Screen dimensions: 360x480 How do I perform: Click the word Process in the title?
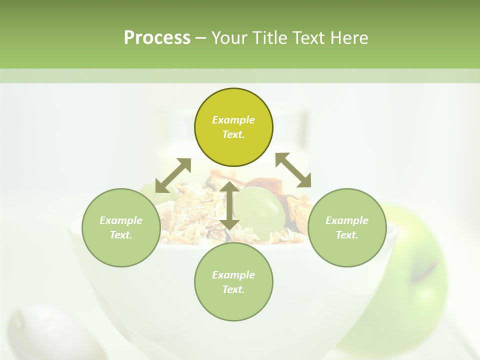(157, 38)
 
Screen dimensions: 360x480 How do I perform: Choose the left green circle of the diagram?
(121, 227)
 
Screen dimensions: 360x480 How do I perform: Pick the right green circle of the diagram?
(347, 227)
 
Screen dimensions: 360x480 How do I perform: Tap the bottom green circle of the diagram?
(233, 282)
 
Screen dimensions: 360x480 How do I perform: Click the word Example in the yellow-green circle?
(233, 120)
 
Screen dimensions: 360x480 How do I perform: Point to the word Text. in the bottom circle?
(233, 289)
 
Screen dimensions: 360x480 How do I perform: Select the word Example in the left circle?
(121, 220)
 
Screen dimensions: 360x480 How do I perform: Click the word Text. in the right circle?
(347, 235)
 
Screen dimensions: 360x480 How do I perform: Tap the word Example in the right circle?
(347, 220)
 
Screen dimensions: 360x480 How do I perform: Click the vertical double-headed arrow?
(229, 205)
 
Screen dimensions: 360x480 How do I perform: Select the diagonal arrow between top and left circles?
(173, 175)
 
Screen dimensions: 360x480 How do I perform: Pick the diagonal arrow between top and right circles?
(293, 170)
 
